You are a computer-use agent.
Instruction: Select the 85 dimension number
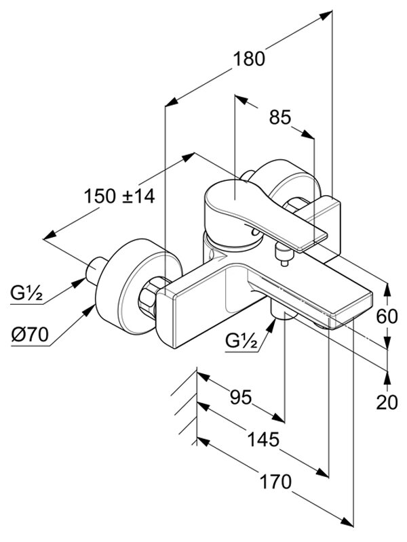[x=279, y=117]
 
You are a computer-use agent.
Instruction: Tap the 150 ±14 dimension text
[x=119, y=196]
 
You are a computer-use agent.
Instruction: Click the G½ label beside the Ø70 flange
[x=27, y=293]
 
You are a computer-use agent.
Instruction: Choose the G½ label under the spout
[x=241, y=342]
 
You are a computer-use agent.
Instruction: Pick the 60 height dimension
[x=387, y=316]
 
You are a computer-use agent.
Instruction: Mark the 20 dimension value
[x=386, y=402]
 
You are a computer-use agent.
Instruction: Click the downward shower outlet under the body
[x=283, y=312]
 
